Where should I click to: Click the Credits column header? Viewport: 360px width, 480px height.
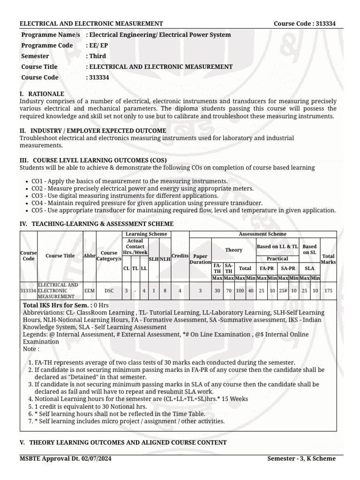[180, 256]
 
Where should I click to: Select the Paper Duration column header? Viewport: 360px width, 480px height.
[200, 259]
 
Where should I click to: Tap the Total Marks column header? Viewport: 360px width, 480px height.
[329, 259]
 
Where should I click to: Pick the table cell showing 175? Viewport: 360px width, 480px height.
[329, 291]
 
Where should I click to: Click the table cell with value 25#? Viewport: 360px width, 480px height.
[283, 291]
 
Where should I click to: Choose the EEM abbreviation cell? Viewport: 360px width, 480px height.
[89, 291]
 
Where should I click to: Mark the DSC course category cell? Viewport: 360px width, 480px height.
[109, 291]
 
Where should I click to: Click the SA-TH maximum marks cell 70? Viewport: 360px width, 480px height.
[228, 291]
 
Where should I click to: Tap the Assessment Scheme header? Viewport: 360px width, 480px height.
[262, 234]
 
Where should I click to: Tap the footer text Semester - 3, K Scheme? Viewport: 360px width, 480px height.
[301, 458]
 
